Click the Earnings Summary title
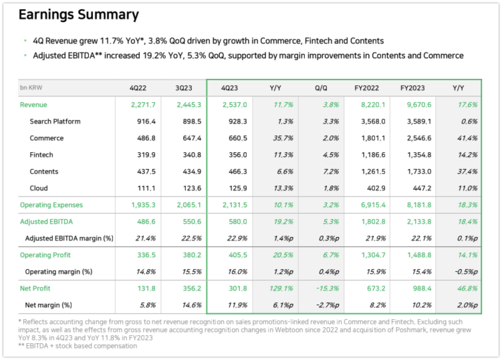(x=79, y=15)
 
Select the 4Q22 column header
(x=138, y=88)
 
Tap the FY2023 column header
(x=412, y=88)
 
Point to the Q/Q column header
(x=321, y=88)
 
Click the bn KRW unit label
(x=31, y=88)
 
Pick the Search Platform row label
(x=55, y=122)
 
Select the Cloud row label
(x=39, y=188)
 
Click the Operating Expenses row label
(x=51, y=205)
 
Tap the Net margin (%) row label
(x=48, y=305)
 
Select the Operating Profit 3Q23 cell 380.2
(x=192, y=255)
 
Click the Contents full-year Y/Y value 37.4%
(x=467, y=172)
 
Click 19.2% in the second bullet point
(x=154, y=55)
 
